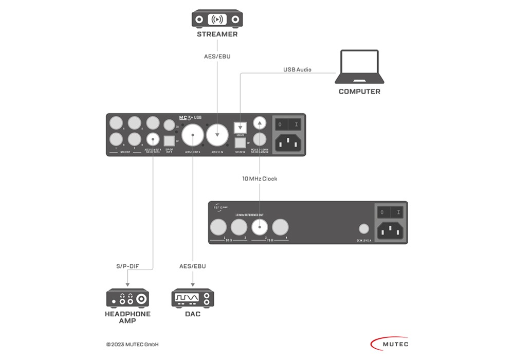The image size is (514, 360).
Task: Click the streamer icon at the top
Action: [217, 19]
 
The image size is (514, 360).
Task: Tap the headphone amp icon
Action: [127, 298]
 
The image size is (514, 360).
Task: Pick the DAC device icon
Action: [192, 298]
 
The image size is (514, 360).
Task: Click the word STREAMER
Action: [217, 34]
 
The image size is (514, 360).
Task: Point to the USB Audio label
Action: [297, 69]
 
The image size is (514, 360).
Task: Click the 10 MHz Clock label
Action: [260, 178]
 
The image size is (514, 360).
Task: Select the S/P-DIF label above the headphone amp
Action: [127, 266]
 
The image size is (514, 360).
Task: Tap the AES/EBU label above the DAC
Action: [192, 266]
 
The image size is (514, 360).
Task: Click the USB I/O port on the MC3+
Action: [240, 126]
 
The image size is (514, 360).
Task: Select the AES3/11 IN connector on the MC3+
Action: [217, 136]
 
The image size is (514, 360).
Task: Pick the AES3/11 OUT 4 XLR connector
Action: [192, 136]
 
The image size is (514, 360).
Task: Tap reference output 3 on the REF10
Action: [260, 226]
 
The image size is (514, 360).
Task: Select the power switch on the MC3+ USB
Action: [287, 124]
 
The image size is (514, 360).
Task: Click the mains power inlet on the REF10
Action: [390, 231]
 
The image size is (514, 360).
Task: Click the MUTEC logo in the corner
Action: [389, 343]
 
